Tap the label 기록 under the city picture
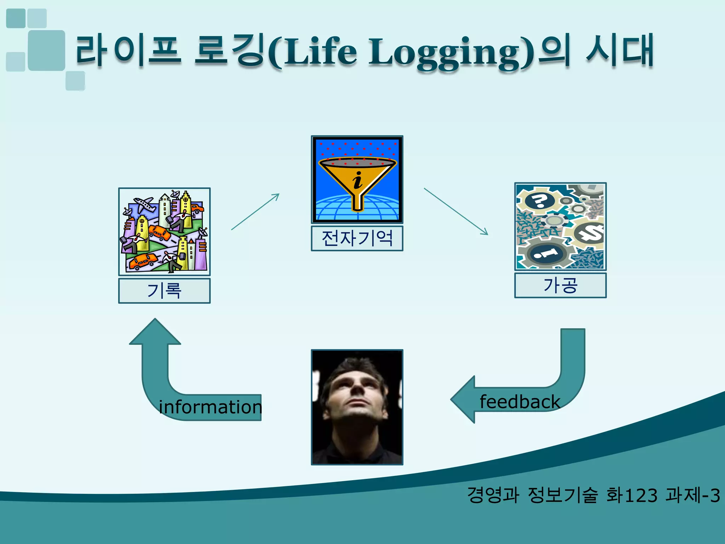click(x=164, y=291)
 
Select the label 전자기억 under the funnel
click(x=357, y=238)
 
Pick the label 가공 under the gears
click(x=560, y=285)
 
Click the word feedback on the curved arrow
click(x=520, y=402)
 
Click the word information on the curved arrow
click(x=210, y=407)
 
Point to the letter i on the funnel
click(x=358, y=180)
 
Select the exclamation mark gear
click(x=545, y=253)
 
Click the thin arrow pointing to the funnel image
click(x=255, y=211)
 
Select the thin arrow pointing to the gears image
click(x=456, y=211)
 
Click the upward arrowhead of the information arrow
click(x=155, y=331)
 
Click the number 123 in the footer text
click(x=641, y=495)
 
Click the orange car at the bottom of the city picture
click(x=143, y=261)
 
